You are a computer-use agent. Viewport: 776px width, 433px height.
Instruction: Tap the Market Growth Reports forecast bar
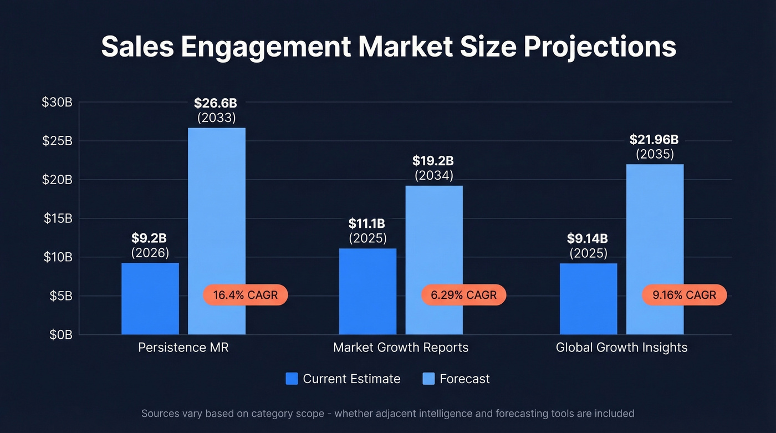[x=434, y=244]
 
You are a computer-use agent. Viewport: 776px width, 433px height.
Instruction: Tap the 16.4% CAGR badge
[x=246, y=295]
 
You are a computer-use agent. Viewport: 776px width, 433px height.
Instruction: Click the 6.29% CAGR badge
[x=464, y=295]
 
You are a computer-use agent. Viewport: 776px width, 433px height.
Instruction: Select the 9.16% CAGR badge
[x=684, y=295]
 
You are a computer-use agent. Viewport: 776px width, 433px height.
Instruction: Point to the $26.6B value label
[x=216, y=103]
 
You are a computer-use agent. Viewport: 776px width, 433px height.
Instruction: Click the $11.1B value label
[x=367, y=223]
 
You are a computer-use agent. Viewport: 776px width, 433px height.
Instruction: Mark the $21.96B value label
[x=655, y=139]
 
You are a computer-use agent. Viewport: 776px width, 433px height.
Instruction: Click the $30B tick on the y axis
[x=57, y=102]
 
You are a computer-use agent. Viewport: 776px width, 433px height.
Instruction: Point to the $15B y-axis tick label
[x=58, y=218]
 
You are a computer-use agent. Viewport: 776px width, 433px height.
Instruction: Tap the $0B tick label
[x=60, y=334]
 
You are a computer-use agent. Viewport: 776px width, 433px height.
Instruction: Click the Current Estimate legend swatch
[x=292, y=379]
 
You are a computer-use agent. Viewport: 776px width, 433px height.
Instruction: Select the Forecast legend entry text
[x=464, y=379]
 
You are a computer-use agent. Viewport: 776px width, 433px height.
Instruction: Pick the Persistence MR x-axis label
[x=183, y=348]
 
